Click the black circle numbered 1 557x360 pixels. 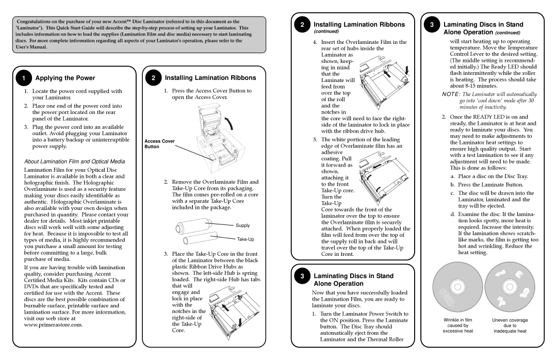coord(24,78)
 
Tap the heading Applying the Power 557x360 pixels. coord(65,78)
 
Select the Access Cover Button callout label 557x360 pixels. coord(159,144)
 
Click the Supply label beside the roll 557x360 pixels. coord(242,225)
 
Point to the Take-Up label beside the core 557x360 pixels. coord(245,239)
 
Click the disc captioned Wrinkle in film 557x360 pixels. coord(457,288)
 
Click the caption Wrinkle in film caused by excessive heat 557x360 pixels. coord(457,325)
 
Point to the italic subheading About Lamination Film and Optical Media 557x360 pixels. coord(75,161)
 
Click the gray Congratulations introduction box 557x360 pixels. coord(139,34)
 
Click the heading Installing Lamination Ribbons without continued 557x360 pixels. coord(210,78)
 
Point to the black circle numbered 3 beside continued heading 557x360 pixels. coord(432,25)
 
